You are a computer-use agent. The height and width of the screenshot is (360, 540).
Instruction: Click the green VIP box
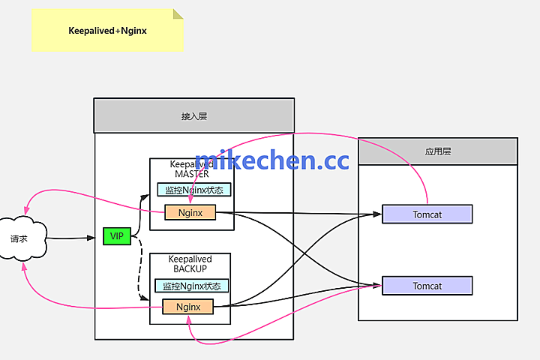(x=116, y=236)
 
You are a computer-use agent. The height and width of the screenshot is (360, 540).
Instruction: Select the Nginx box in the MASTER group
(x=190, y=212)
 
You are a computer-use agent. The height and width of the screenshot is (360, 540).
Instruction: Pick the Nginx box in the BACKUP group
(x=187, y=306)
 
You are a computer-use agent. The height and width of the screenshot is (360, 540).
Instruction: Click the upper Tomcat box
(x=427, y=214)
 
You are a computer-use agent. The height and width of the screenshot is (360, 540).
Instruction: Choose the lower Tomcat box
(x=427, y=286)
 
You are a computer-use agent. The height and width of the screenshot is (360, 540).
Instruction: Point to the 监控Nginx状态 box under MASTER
(x=195, y=190)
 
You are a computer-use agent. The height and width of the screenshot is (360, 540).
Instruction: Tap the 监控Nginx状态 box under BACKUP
(x=192, y=286)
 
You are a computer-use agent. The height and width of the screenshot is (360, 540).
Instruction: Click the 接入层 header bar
(x=193, y=115)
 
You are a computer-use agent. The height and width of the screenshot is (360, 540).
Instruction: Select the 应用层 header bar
(x=437, y=151)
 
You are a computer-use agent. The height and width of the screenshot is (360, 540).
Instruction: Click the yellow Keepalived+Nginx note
(x=105, y=31)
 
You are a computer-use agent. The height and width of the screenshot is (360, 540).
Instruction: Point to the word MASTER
(x=191, y=174)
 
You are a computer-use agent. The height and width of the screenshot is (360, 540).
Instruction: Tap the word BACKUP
(x=190, y=268)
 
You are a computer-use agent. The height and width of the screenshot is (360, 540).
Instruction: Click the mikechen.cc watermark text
(x=271, y=160)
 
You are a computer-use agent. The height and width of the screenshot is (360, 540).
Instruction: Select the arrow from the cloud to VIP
(x=75, y=238)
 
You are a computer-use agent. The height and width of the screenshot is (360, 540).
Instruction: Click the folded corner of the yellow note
(x=178, y=14)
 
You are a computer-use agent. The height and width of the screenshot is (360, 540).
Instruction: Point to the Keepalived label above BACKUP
(x=190, y=259)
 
